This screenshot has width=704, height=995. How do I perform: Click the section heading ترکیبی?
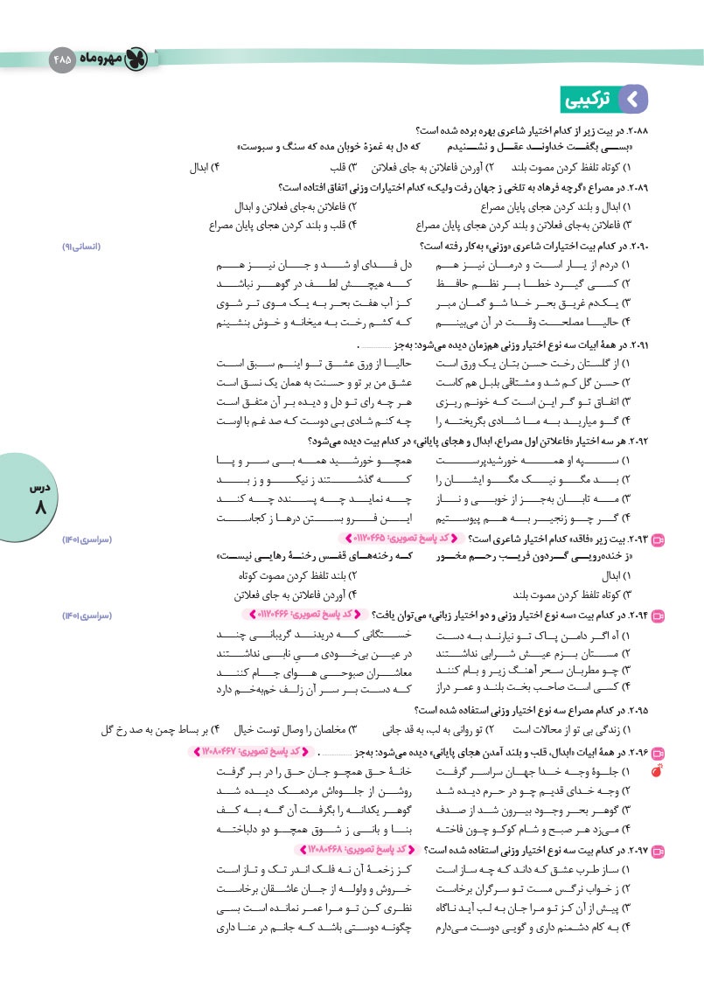(587, 99)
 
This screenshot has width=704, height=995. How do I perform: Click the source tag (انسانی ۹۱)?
(84, 247)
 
